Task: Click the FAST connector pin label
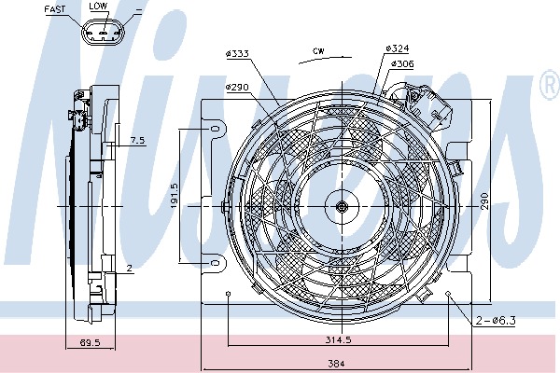55,9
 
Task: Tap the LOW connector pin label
98,7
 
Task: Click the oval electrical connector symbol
104,32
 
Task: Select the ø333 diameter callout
237,53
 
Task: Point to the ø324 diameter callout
398,48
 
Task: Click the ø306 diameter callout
402,63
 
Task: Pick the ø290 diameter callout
237,87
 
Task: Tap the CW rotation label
318,51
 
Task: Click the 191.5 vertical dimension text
175,196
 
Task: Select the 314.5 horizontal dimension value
338,339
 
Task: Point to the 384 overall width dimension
336,364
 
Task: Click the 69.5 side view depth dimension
90,342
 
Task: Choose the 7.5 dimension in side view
137,140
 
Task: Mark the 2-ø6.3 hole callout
496,320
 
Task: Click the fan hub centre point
343,206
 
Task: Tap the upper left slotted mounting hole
216,129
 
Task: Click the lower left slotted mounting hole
216,263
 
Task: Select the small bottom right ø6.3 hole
449,294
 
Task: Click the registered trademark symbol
550,84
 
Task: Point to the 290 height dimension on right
483,201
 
